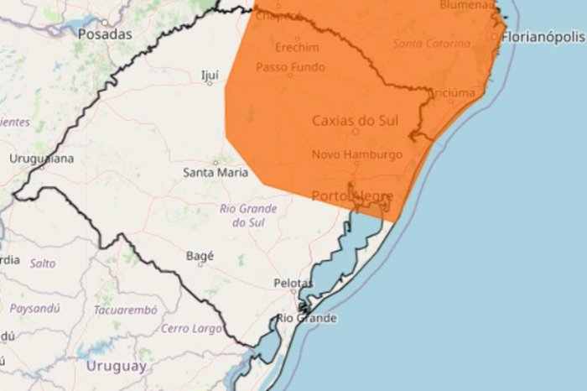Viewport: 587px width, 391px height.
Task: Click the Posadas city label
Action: [105, 34]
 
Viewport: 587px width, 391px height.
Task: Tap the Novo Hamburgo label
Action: [356, 154]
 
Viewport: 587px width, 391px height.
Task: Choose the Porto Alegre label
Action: [352, 195]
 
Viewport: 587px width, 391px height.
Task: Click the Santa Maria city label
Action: [216, 173]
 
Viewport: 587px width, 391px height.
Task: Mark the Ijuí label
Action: [210, 75]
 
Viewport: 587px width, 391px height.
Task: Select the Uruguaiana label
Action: [42, 158]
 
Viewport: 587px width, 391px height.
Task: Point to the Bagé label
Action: [200, 256]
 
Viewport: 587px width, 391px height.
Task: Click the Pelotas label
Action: [293, 284]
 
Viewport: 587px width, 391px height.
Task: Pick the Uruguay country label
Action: [116, 366]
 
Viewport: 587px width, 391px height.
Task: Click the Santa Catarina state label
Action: [431, 43]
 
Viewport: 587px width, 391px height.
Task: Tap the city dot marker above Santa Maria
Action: [216, 163]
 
